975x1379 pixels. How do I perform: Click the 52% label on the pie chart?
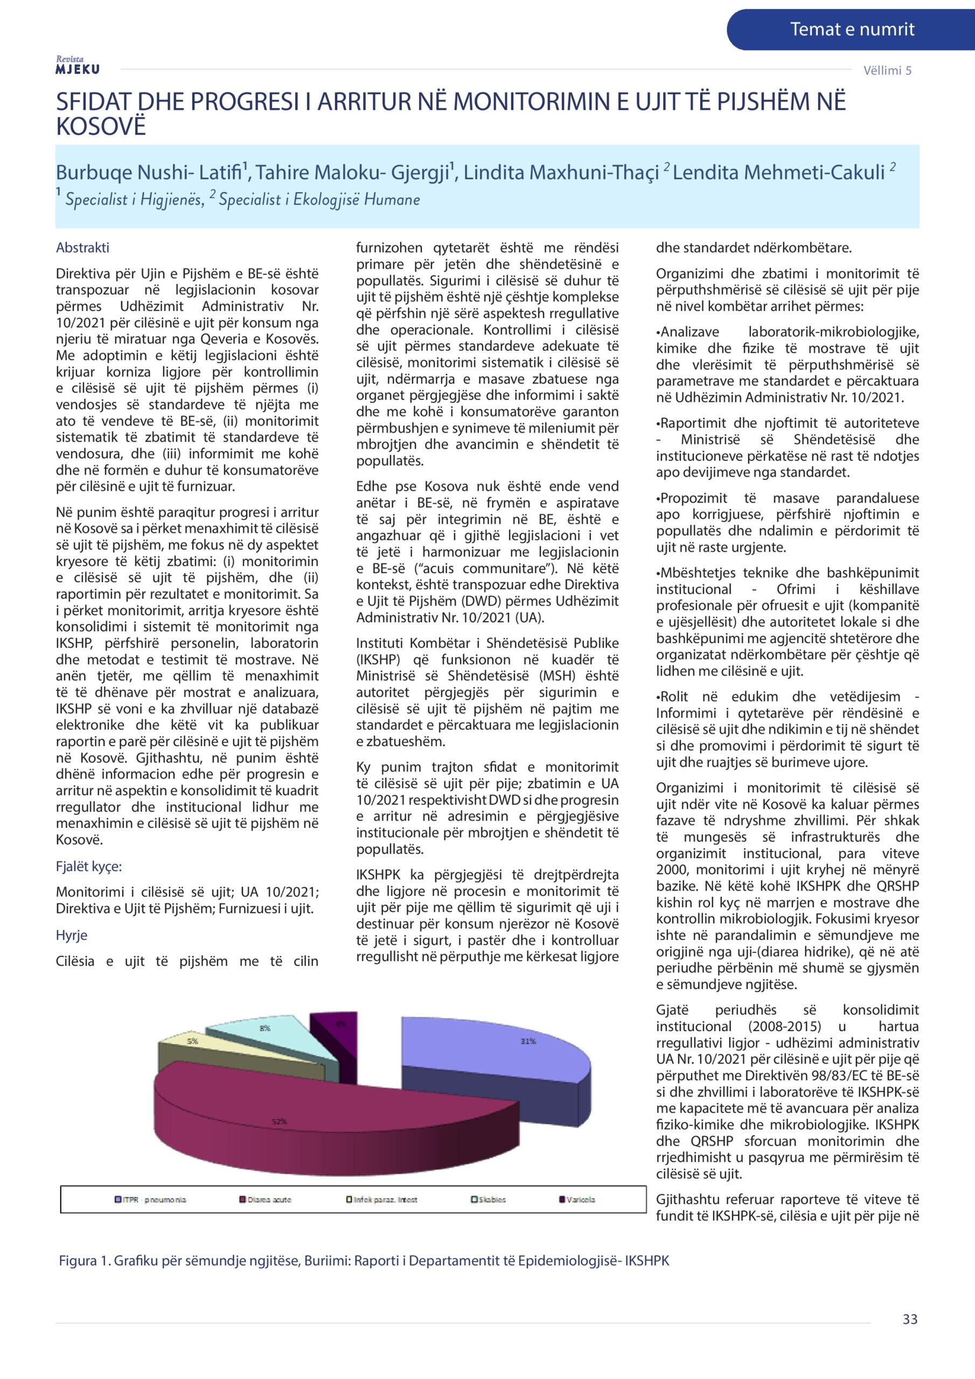pos(278,1122)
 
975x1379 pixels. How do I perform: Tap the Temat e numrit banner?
pos(851,29)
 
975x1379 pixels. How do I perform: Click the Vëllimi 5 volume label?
pos(887,70)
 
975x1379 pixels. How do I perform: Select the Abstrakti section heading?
pos(82,247)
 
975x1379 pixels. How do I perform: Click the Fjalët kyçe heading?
pos(88,866)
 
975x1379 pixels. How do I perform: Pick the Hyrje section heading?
pos(72,935)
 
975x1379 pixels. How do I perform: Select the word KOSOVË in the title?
pos(101,127)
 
